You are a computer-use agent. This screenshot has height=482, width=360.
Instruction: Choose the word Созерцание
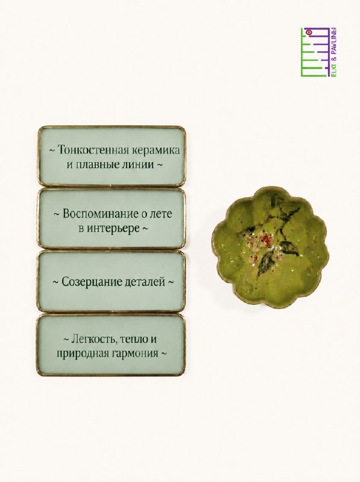pos(92,282)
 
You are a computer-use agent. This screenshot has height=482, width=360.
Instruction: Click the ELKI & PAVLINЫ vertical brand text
pos(333,52)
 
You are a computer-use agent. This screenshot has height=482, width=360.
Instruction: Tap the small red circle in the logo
pos(310,32)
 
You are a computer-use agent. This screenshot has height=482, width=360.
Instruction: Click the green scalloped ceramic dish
pos(271,248)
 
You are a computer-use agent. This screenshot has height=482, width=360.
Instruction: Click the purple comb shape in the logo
pos(320,52)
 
